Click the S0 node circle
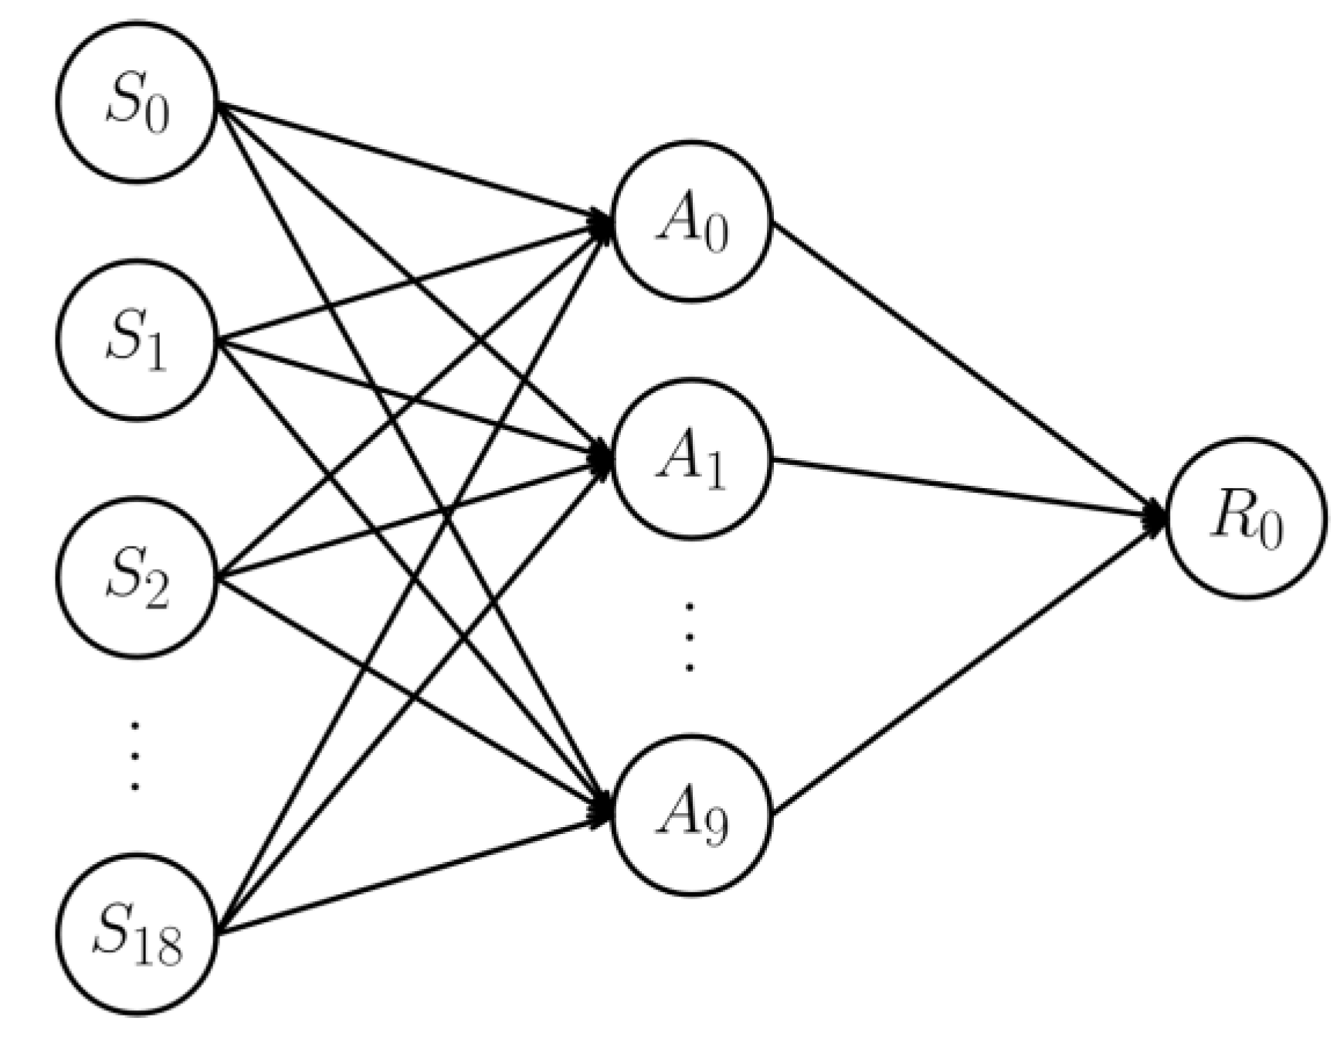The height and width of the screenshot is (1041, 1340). pyautogui.click(x=137, y=103)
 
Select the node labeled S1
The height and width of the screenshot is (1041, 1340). pyautogui.click(x=137, y=340)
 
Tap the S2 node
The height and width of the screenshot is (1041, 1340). pyautogui.click(x=137, y=578)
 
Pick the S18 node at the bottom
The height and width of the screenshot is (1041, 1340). pyautogui.click(x=137, y=934)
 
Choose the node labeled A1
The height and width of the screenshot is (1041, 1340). pyautogui.click(x=691, y=459)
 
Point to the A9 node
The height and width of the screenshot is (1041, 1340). pyautogui.click(x=691, y=816)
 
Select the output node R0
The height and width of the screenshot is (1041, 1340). pyautogui.click(x=1245, y=518)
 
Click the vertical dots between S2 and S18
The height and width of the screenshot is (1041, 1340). pyautogui.click(x=135, y=756)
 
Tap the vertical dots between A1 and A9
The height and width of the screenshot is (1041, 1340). pyautogui.click(x=690, y=637)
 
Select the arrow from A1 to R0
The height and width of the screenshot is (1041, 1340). pyautogui.click(x=965, y=487)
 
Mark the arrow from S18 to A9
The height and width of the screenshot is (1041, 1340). pyautogui.click(x=409, y=877)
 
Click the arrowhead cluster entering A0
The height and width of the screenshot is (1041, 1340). pyautogui.click(x=601, y=224)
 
